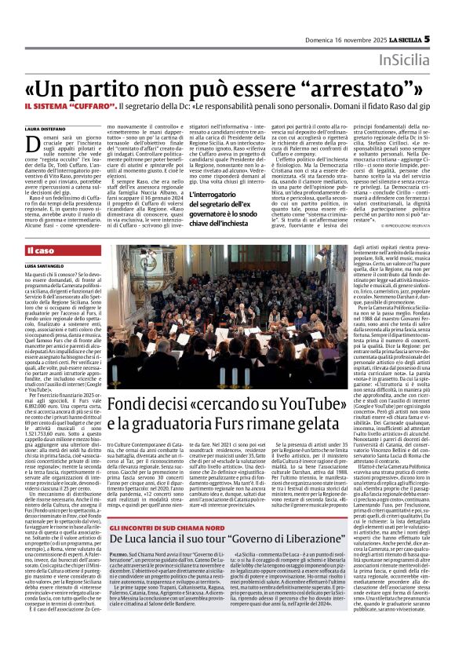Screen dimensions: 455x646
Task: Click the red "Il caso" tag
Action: (x=41, y=250)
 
